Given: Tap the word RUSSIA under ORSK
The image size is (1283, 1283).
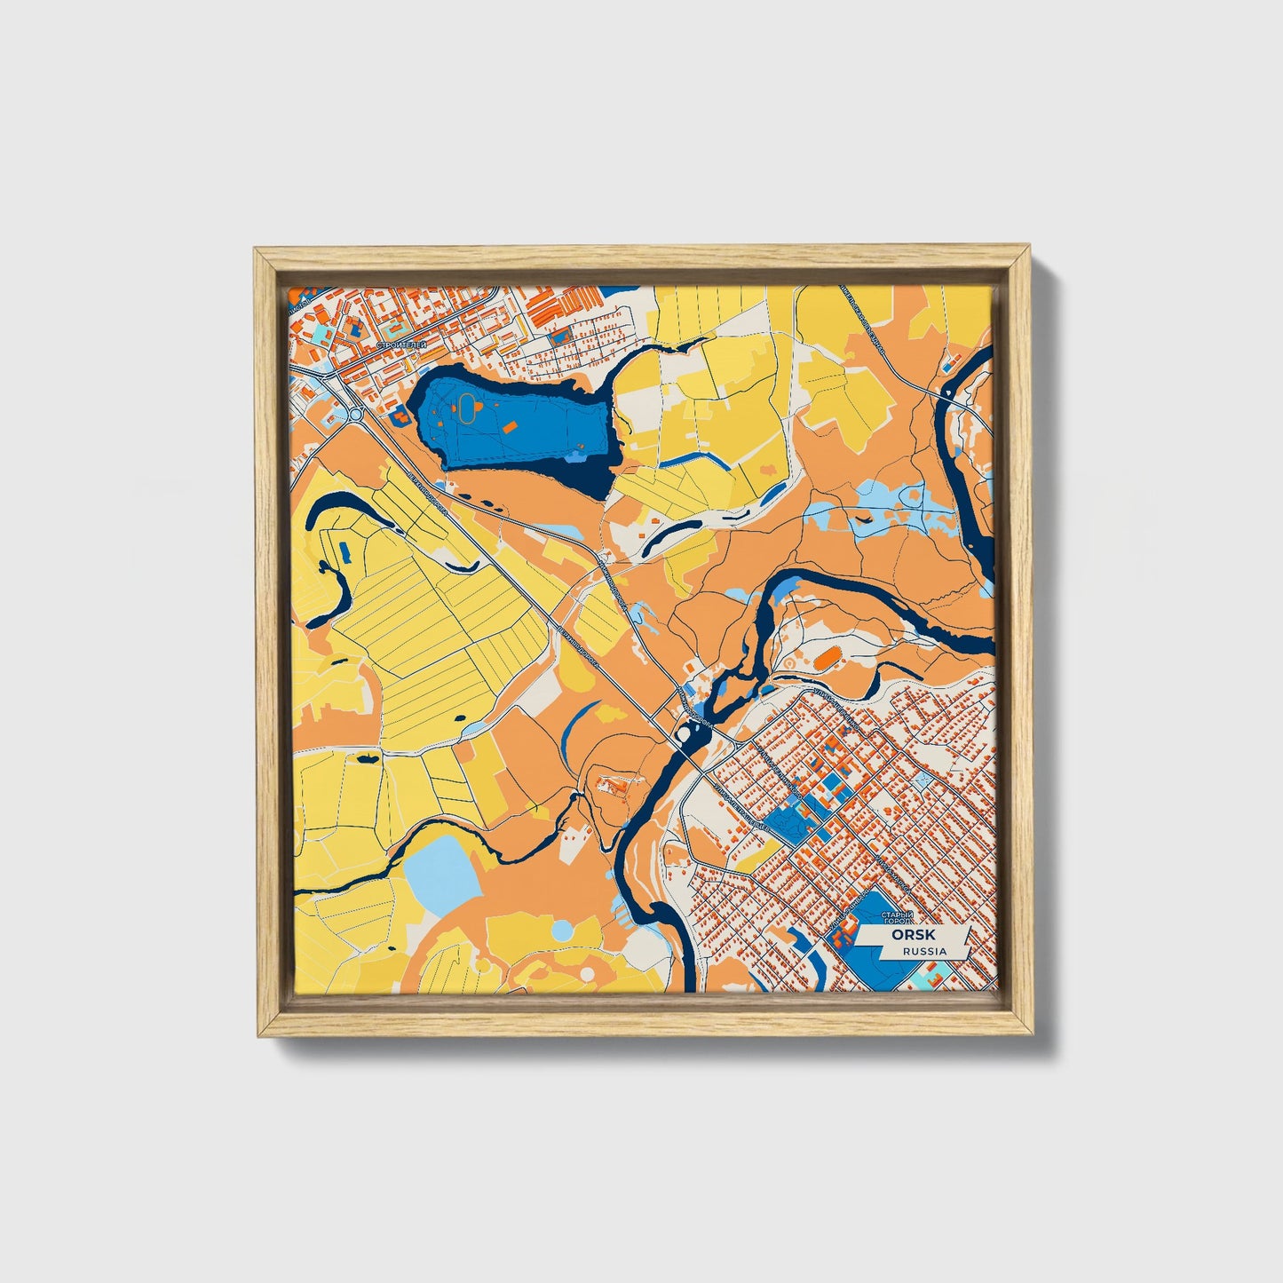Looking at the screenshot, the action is coord(924,951).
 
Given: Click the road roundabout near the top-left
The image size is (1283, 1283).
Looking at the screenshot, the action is coord(355,413).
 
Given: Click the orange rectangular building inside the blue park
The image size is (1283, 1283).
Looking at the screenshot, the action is coord(510,427).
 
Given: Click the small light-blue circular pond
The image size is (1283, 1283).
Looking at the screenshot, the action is coord(562,931).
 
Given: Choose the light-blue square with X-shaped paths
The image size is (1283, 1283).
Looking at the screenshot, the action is coord(924,779).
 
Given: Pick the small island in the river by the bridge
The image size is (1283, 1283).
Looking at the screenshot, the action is coord(686,734).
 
